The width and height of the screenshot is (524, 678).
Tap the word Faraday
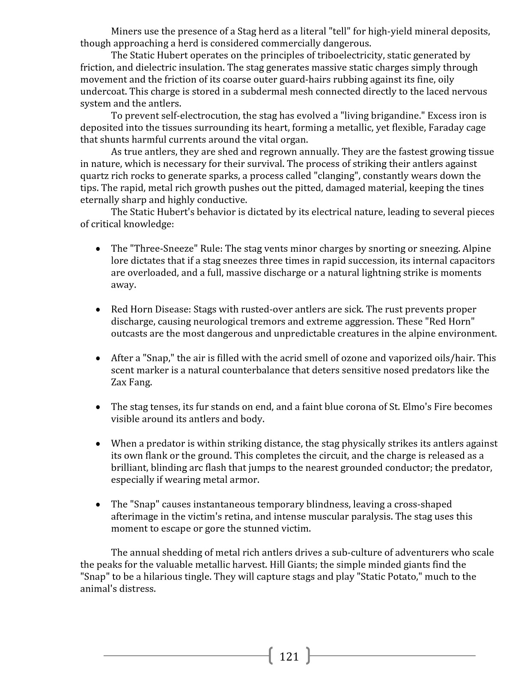click(x=446, y=128)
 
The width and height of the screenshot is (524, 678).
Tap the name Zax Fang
click(x=131, y=382)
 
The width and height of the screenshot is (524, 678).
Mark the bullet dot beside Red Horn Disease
click(x=98, y=309)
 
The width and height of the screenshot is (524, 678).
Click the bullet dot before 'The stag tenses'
click(x=98, y=407)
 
